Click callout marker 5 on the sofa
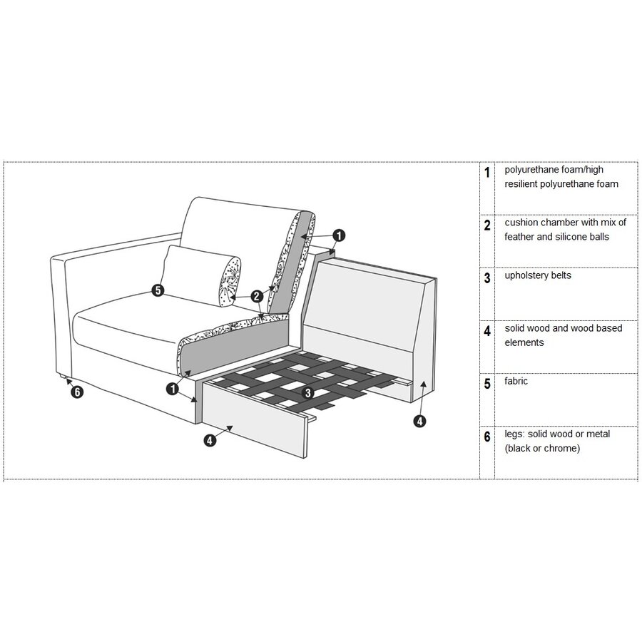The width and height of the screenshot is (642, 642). click(158, 290)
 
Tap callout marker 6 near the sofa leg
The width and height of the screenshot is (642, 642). click(78, 392)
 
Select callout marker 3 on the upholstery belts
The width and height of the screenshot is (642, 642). click(307, 392)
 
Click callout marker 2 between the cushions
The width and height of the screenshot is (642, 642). click(256, 295)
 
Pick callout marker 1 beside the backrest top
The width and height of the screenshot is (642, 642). click(339, 234)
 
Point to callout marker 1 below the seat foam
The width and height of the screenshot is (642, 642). click(172, 389)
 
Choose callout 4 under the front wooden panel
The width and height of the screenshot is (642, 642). click(210, 440)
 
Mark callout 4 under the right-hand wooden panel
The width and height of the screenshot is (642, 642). click(420, 421)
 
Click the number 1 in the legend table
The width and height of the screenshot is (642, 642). click(487, 173)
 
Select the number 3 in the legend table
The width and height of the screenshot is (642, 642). click(487, 278)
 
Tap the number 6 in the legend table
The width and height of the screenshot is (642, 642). click(487, 437)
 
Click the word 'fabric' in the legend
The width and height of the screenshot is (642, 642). click(516, 381)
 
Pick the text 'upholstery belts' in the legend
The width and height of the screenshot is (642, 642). click(537, 275)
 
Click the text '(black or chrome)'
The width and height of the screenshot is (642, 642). click(541, 449)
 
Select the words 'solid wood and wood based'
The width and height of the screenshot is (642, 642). click(563, 328)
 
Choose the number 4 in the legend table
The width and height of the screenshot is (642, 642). click(487, 331)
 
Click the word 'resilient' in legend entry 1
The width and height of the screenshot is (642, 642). click(524, 184)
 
